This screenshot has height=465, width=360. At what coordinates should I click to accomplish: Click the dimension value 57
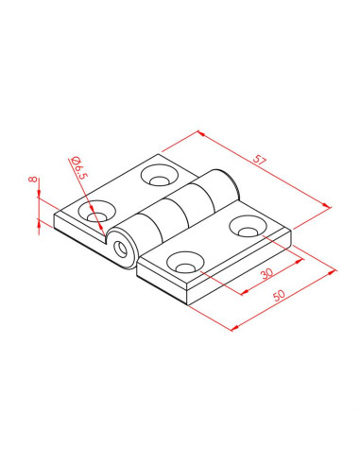(260, 160)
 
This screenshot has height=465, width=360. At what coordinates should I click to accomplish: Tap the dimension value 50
(279, 295)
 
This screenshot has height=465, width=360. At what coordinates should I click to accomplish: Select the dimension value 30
(267, 273)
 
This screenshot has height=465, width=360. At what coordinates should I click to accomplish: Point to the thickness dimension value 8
(32, 180)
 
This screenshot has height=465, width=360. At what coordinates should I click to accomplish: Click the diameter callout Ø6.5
(78, 167)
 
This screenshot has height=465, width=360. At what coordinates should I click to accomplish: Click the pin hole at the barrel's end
(120, 249)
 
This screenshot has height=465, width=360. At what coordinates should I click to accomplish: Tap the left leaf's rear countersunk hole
(160, 175)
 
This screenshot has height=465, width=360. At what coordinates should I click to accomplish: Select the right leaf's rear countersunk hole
(248, 227)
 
